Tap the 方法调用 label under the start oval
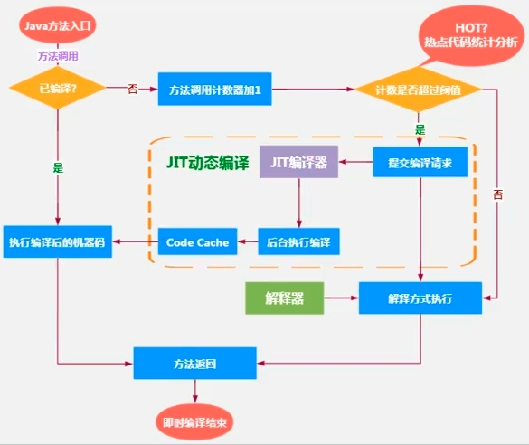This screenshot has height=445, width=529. [57, 56]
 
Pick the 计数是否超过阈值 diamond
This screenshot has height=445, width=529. [418, 90]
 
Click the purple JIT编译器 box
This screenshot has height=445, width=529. [298, 163]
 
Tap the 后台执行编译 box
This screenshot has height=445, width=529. [298, 241]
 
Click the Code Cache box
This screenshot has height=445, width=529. [198, 241]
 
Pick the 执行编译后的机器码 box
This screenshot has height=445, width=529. [57, 241]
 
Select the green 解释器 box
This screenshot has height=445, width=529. [284, 298]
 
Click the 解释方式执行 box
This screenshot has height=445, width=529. [420, 298]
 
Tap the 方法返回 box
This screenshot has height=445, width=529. [194, 363]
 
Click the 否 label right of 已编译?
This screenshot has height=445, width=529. [133, 89]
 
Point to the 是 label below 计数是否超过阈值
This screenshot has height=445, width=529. [419, 129]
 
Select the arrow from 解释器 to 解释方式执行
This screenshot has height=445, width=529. [341, 298]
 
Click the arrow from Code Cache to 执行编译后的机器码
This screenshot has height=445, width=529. [135, 241]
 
